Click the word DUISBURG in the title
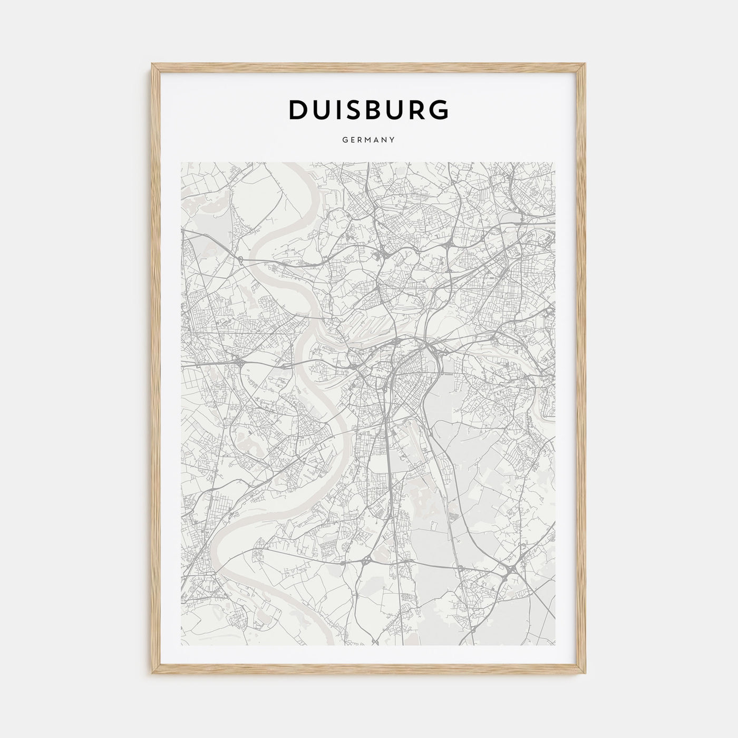pyautogui.click(x=368, y=110)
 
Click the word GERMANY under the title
pyautogui.click(x=368, y=140)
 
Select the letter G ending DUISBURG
pyautogui.click(x=439, y=110)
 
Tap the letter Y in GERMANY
pyautogui.click(x=392, y=140)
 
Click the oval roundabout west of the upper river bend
pyautogui.click(x=240, y=259)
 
